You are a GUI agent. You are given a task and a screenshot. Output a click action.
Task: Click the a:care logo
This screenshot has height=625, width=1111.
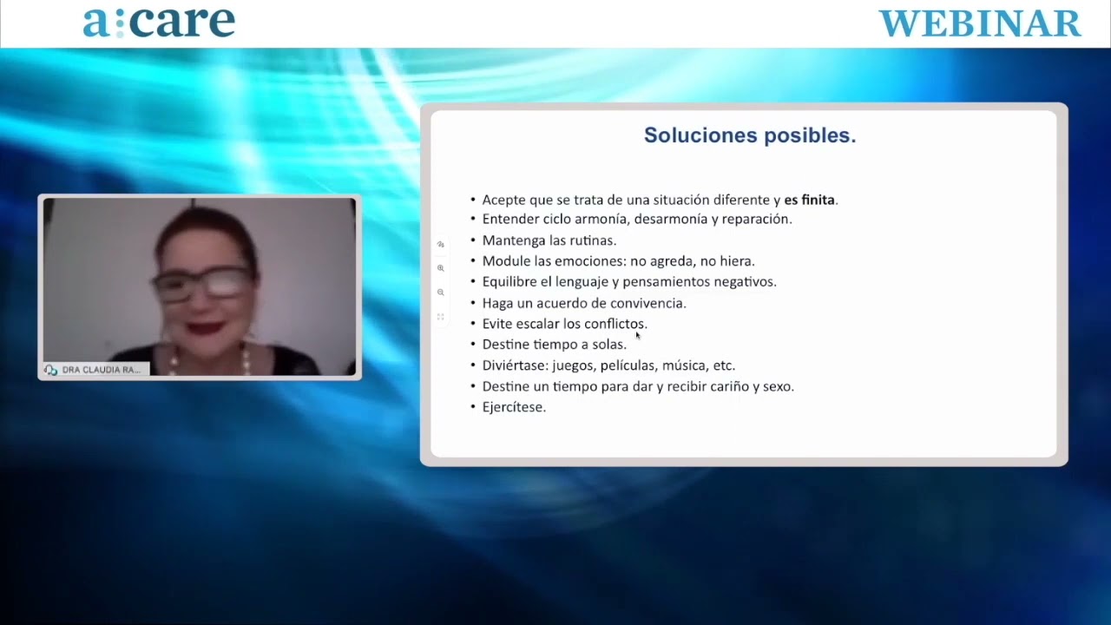159,23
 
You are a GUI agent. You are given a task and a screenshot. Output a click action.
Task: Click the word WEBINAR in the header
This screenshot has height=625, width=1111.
980,23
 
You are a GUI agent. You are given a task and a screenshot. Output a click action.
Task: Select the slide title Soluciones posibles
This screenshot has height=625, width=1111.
750,135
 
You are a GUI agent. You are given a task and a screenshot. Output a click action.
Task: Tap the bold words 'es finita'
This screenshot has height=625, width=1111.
809,200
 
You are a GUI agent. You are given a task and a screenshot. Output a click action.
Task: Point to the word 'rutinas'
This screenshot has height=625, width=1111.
592,240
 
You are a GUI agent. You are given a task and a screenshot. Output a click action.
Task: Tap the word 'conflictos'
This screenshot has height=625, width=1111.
615,324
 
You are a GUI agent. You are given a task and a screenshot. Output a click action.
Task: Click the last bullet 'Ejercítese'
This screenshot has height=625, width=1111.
514,407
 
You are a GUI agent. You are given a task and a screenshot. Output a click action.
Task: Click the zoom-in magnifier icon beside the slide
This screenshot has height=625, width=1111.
440,268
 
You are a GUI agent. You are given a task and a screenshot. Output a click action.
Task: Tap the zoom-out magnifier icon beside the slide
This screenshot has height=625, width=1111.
440,293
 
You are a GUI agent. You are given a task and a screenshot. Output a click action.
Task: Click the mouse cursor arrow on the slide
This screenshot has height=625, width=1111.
638,335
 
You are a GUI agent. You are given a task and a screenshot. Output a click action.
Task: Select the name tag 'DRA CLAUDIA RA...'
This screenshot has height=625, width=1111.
96,370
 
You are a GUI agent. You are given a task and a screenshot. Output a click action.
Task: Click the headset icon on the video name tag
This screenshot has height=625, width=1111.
50,370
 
